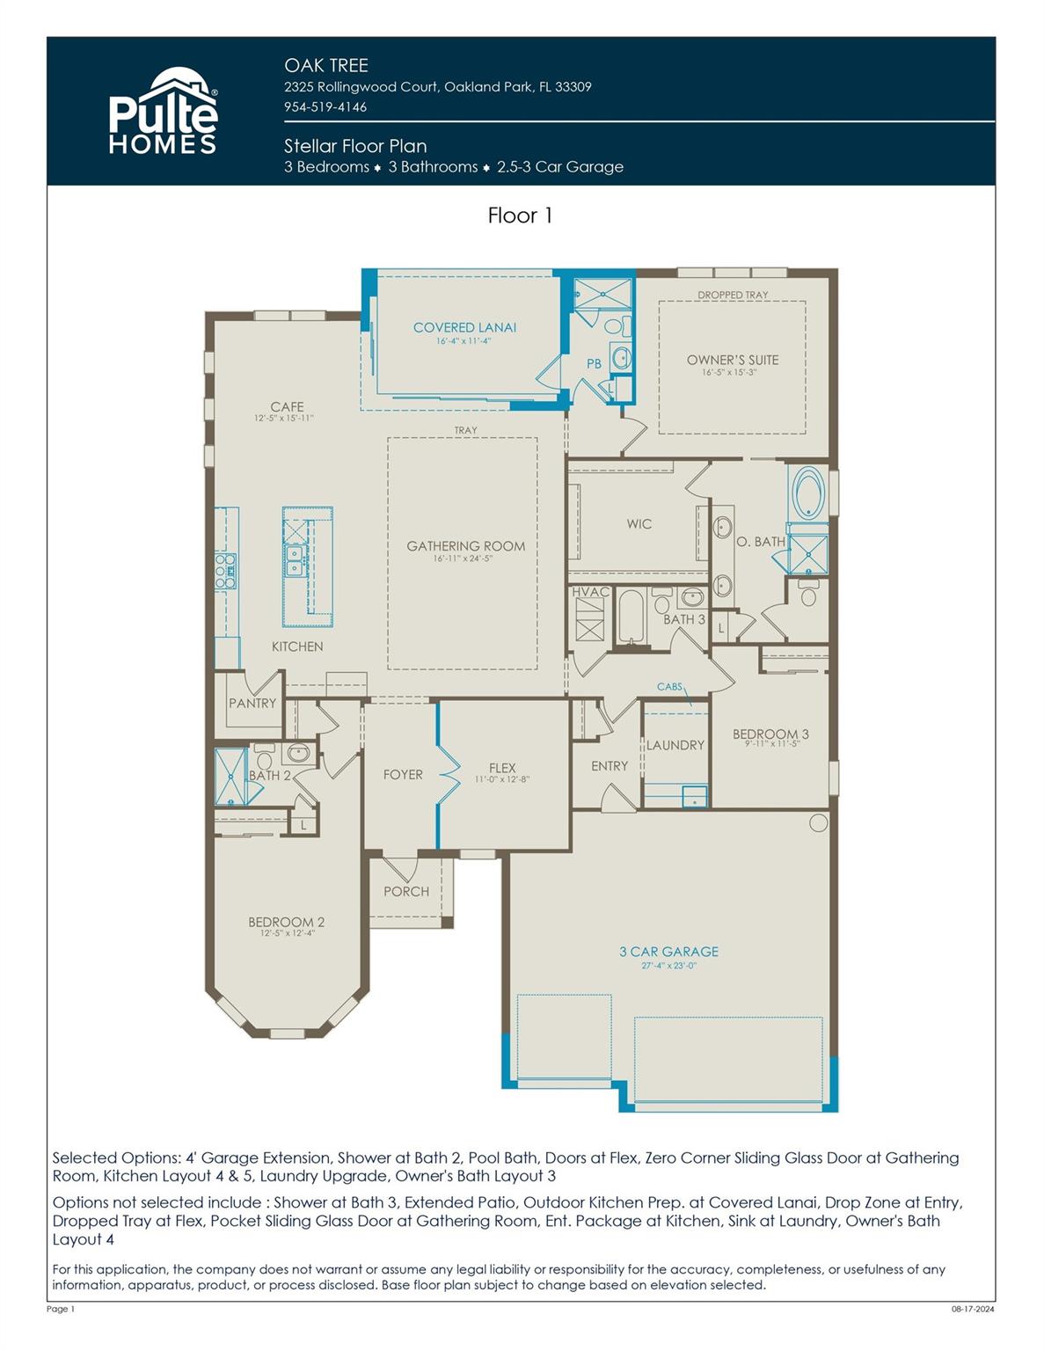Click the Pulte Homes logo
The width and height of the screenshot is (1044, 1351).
click(x=163, y=112)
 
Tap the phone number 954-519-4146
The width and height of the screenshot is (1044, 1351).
click(x=325, y=106)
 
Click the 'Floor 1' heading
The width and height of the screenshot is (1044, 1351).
click(x=520, y=215)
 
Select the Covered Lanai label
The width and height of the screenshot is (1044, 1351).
click(x=464, y=327)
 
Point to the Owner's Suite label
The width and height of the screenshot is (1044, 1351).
click(x=733, y=360)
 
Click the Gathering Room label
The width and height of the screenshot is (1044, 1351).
click(x=465, y=546)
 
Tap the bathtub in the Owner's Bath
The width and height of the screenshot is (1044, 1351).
click(x=807, y=493)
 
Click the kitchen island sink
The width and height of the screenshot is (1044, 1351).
click(x=296, y=559)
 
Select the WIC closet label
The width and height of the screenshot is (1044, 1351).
click(x=639, y=524)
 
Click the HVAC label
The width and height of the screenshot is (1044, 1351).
click(x=590, y=592)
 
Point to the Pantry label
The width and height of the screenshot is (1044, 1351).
click(x=252, y=703)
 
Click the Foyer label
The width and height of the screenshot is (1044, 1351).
click(x=403, y=775)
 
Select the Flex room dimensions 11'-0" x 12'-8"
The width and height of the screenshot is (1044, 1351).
click(x=502, y=779)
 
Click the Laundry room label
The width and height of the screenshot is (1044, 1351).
click(x=675, y=745)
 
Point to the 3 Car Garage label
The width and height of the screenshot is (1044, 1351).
click(x=668, y=952)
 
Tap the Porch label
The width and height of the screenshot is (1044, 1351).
click(x=406, y=891)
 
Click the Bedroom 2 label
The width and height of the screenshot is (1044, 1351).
click(x=286, y=922)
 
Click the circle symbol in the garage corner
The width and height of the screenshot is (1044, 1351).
click(x=818, y=822)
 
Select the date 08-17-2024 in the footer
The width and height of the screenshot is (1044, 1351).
click(x=973, y=1309)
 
